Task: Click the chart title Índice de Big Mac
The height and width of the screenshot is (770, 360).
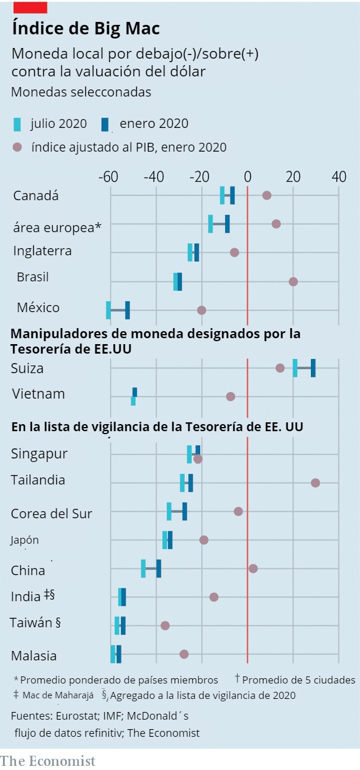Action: tap(85, 28)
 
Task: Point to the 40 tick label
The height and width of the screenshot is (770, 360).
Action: tap(339, 177)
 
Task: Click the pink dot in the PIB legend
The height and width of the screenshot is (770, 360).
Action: tap(18, 147)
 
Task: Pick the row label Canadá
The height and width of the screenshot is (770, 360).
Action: tap(36, 195)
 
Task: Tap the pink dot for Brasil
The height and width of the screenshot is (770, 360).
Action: tap(293, 281)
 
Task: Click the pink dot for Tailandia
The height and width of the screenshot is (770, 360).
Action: tap(315, 483)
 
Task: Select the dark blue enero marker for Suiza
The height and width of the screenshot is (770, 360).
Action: tap(313, 368)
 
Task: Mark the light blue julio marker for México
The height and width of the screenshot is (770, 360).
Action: tap(108, 310)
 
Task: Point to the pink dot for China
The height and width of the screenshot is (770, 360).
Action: tap(253, 569)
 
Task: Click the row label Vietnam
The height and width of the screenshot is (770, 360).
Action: tap(38, 394)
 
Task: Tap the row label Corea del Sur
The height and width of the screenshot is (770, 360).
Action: tap(52, 514)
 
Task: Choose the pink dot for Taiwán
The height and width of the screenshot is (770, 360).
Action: tap(165, 625)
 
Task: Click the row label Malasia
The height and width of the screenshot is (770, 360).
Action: tap(34, 656)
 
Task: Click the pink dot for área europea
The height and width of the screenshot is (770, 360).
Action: tap(276, 224)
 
